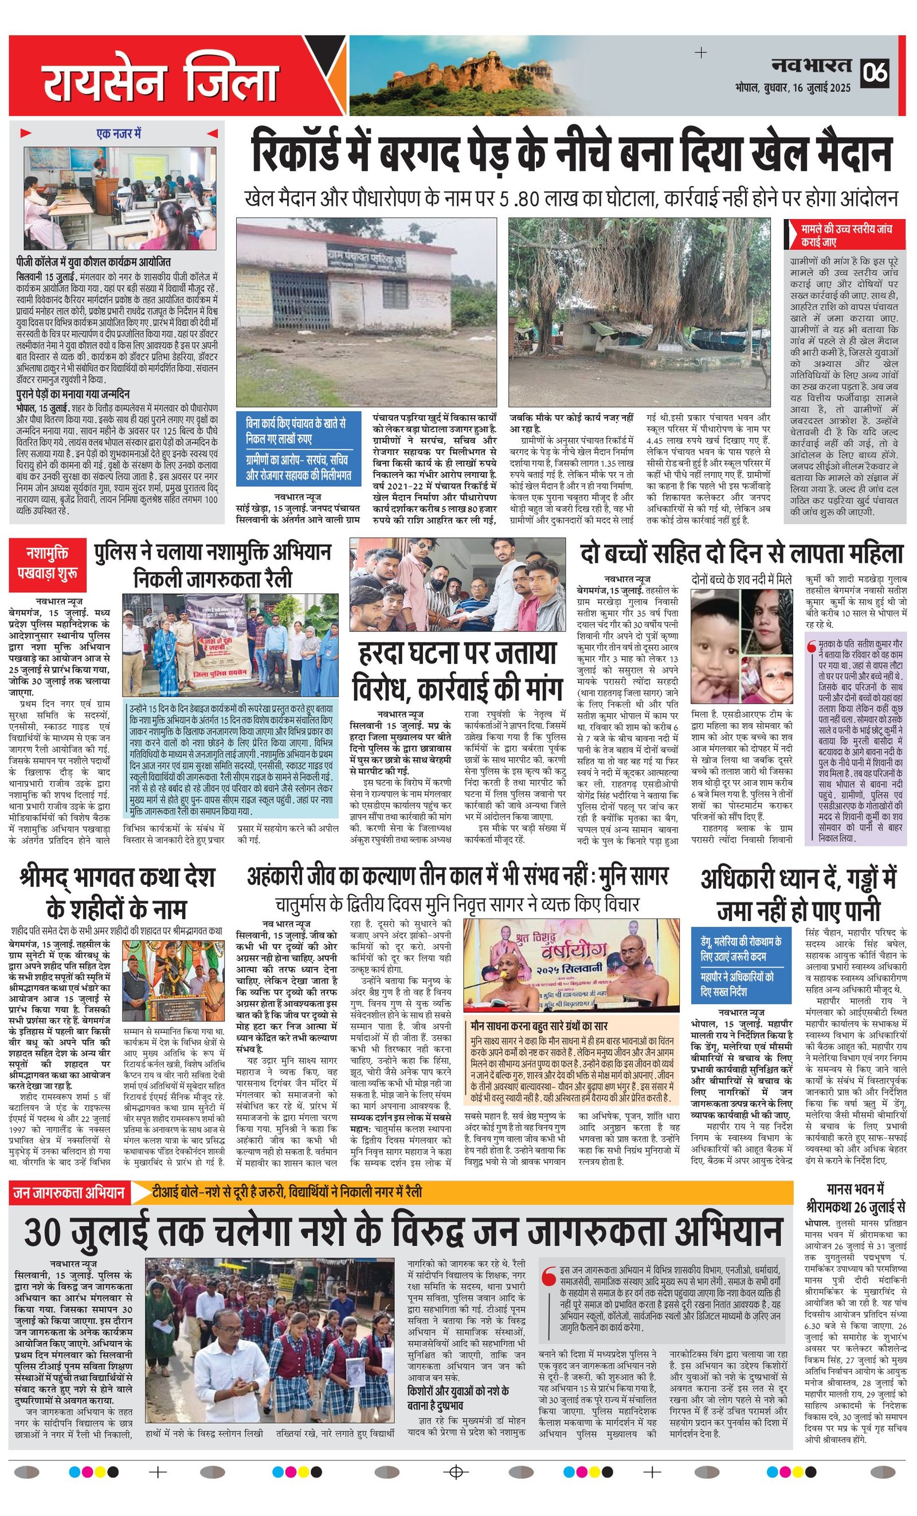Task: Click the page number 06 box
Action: pos(875,72)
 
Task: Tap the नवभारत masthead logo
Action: pos(812,65)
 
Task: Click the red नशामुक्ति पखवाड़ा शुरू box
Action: pos(47,564)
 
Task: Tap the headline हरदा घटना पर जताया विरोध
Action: pos(457,670)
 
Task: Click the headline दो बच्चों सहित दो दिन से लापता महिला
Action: pos(741,554)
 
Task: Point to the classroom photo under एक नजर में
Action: pos(120,197)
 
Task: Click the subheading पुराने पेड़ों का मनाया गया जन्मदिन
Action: pos(73,394)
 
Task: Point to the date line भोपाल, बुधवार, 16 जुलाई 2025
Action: pos(793,88)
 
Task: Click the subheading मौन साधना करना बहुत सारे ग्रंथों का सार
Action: pos(539,1026)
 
